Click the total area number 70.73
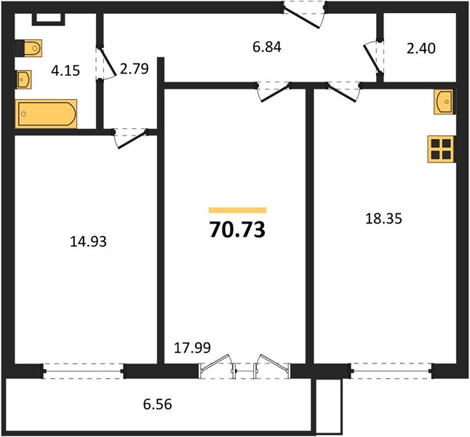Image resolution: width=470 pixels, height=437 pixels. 237,229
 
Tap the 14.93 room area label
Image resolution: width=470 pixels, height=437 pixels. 88,242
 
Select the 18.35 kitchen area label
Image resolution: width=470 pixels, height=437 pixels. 383,219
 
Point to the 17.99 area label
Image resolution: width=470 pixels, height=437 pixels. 192,347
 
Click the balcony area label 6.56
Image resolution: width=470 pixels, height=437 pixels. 157,404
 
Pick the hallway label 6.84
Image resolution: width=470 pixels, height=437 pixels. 267,47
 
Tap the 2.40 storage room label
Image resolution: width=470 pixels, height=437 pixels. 421,48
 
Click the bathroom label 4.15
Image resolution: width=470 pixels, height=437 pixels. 65,71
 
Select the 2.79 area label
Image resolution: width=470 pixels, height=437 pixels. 134,68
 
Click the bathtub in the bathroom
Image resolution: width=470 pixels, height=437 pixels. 46,114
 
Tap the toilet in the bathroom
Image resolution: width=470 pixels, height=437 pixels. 29,48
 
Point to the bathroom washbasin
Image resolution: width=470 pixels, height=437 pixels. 23,79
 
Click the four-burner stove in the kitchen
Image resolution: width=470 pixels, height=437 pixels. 441,149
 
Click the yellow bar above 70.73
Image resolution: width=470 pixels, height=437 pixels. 237,210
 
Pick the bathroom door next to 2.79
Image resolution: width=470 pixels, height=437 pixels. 106,63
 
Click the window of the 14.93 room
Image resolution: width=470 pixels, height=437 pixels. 84,371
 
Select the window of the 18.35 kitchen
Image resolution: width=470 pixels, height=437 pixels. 392,371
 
